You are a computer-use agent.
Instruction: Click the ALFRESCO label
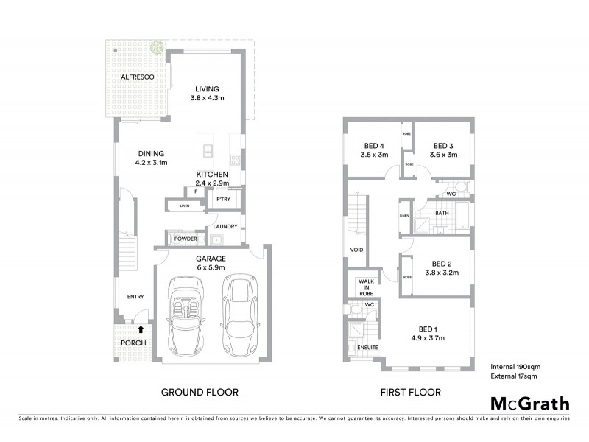pos(136,77)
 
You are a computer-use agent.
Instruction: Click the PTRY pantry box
pos(222,199)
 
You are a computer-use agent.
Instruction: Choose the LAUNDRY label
pos(225,227)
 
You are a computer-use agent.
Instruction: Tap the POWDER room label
pos(184,239)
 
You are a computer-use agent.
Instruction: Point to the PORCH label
pos(133,343)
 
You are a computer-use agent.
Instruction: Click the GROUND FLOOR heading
pos(200,393)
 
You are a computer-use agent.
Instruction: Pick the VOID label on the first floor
pos(357,250)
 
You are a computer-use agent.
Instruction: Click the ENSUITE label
pos(367,347)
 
